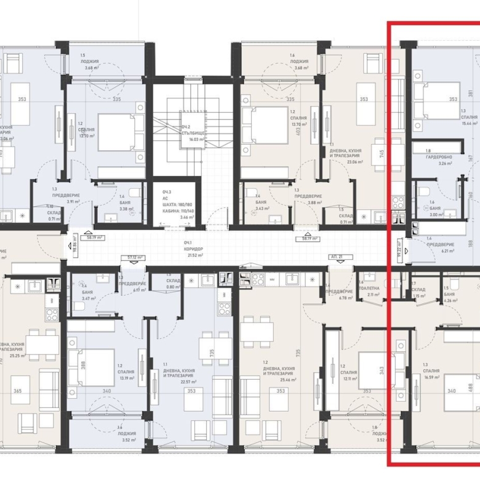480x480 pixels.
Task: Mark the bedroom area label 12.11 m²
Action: point(348,379)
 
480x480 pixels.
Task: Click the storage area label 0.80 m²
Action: point(174,287)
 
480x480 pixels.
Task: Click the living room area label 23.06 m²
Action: point(346,162)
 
